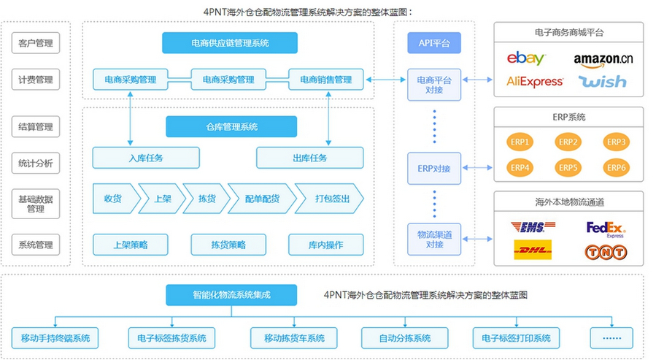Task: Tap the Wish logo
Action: point(603,82)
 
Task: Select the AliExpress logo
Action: point(534,82)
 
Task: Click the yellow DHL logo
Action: point(533,252)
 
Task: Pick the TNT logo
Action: point(606,253)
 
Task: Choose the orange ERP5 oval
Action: point(568,167)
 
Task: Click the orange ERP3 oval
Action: point(616,142)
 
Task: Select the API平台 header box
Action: point(433,43)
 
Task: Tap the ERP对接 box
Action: point(433,169)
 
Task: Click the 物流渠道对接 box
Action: point(433,240)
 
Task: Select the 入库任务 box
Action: point(146,158)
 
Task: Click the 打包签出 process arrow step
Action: point(329,199)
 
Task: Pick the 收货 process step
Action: point(113,199)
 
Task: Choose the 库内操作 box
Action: point(325,245)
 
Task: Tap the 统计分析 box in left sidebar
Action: point(36,164)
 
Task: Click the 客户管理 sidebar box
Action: point(36,43)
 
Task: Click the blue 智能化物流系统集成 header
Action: point(231,295)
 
